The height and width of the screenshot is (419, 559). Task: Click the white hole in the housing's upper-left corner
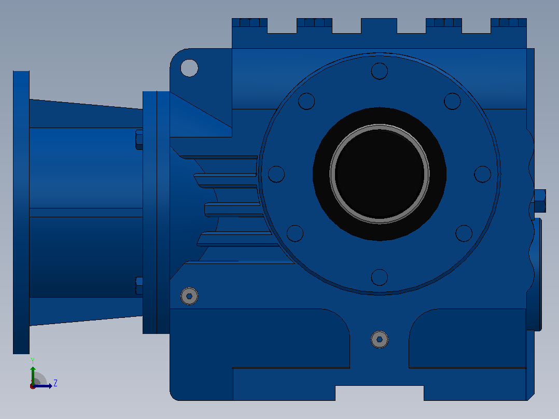click(x=189, y=68)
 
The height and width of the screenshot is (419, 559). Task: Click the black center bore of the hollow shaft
click(x=380, y=174)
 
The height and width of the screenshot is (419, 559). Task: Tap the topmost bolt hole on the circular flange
click(x=380, y=71)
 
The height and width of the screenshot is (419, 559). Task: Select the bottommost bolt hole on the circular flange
click(x=380, y=277)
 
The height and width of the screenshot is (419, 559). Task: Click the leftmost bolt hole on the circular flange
click(x=276, y=174)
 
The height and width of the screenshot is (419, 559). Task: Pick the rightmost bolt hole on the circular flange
click(x=483, y=174)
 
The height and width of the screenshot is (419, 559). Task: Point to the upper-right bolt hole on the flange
click(x=452, y=101)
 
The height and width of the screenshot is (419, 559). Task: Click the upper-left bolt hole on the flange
click(x=306, y=101)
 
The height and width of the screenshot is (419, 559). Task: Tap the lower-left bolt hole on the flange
click(x=295, y=233)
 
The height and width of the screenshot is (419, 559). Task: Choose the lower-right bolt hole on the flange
click(x=464, y=233)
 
